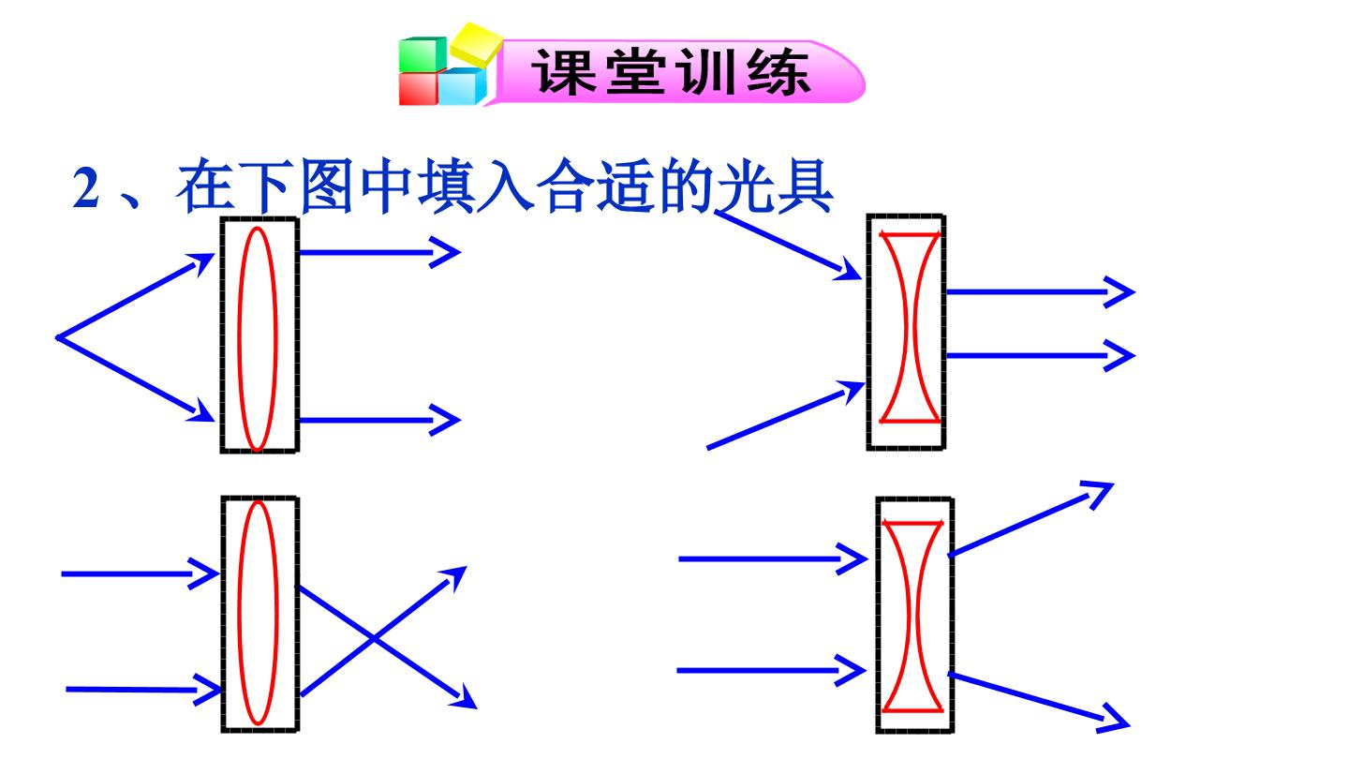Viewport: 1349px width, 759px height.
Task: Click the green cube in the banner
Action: pos(422,54)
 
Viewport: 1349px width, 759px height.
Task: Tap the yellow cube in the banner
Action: pos(476,43)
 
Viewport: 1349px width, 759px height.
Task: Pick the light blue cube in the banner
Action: pos(462,87)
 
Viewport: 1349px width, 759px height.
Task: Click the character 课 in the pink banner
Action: pos(564,72)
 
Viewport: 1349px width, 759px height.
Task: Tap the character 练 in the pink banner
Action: pos(778,72)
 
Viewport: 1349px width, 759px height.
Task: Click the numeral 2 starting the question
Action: pos(85,187)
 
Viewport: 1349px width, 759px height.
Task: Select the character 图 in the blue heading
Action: pos(325,186)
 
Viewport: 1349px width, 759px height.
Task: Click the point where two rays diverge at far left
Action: pos(57,338)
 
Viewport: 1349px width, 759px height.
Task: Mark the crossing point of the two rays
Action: pos(374,638)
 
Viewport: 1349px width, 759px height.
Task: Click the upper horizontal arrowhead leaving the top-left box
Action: pos(446,252)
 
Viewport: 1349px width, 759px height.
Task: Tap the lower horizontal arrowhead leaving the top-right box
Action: pos(1120,355)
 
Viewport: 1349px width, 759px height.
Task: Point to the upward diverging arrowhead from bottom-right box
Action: pos(1099,493)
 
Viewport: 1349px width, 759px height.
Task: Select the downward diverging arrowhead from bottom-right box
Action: pos(1114,720)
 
